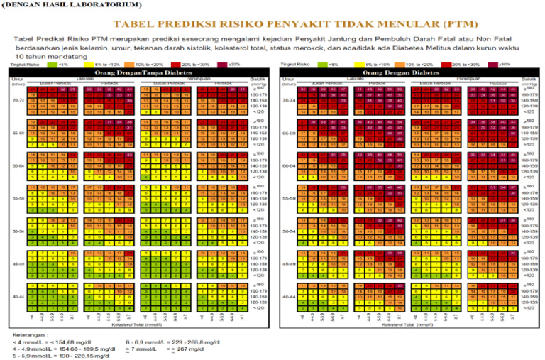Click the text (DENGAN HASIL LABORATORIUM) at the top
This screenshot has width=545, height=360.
coord(67,6)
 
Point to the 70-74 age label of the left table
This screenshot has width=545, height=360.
coord(19,101)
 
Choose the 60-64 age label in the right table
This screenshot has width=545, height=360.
coord(289,166)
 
